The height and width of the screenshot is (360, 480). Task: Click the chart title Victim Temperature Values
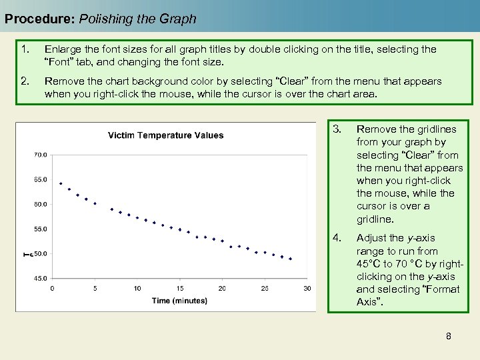(x=166, y=135)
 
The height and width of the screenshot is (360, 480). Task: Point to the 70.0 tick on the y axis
(x=40, y=155)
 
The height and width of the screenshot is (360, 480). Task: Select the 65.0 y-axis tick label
(x=40, y=179)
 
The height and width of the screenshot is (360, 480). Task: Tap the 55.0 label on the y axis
(x=40, y=229)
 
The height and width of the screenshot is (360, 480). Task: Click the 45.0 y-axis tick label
(x=40, y=278)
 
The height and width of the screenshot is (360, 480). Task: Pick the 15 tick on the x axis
(x=180, y=288)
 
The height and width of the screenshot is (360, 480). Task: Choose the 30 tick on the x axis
(x=307, y=288)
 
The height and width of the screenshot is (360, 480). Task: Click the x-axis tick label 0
(x=52, y=288)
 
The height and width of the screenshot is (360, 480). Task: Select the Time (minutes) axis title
(x=179, y=301)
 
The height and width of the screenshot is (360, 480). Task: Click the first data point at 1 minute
(x=61, y=183)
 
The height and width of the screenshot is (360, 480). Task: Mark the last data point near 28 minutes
(x=290, y=259)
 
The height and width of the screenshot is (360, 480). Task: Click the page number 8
(x=449, y=336)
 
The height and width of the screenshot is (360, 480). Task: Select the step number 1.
(x=25, y=49)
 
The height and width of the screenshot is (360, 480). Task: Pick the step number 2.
(x=25, y=81)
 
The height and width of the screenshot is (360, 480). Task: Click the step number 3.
(x=337, y=129)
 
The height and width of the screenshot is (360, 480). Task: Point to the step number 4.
(x=337, y=238)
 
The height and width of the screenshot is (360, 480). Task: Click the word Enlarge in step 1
(x=63, y=49)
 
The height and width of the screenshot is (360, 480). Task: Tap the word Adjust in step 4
(x=371, y=238)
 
